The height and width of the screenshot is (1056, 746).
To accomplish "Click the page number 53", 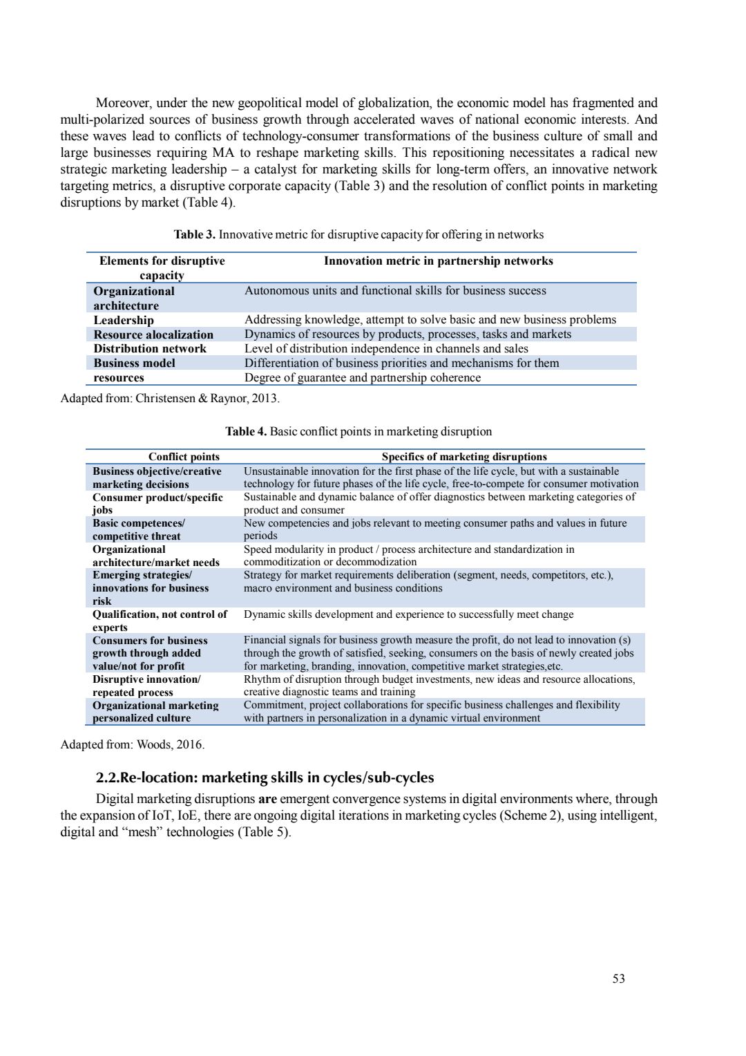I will [x=618, y=978].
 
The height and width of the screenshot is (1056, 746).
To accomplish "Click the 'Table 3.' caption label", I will [x=194, y=234].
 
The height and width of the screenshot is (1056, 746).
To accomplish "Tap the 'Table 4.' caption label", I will [x=246, y=431].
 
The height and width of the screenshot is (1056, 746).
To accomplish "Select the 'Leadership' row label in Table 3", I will [x=124, y=320].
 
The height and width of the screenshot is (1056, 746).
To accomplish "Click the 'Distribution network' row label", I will [x=150, y=348].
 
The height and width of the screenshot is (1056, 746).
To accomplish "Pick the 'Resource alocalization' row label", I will [x=153, y=334].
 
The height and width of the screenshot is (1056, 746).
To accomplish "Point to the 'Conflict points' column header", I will [x=184, y=456].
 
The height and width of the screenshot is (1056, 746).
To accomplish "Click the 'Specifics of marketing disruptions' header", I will [x=464, y=456].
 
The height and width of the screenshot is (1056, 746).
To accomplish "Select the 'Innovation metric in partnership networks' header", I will [x=438, y=261].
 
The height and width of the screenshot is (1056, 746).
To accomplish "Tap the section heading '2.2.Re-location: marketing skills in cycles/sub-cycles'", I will [x=265, y=777].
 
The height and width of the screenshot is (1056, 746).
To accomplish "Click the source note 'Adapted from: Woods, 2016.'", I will [x=133, y=744].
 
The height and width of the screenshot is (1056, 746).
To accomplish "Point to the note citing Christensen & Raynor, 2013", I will [x=170, y=398].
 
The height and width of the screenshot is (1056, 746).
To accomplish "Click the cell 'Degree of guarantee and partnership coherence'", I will [x=363, y=377].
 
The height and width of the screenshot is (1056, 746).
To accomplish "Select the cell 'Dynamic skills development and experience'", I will [x=408, y=614].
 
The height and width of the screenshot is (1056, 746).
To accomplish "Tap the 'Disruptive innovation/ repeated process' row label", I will [x=146, y=686].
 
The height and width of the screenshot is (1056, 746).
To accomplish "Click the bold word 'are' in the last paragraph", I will [x=267, y=799].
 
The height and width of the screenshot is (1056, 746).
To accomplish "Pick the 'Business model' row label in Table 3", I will [x=134, y=363].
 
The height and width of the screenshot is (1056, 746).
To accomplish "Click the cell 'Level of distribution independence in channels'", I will [x=386, y=348].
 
